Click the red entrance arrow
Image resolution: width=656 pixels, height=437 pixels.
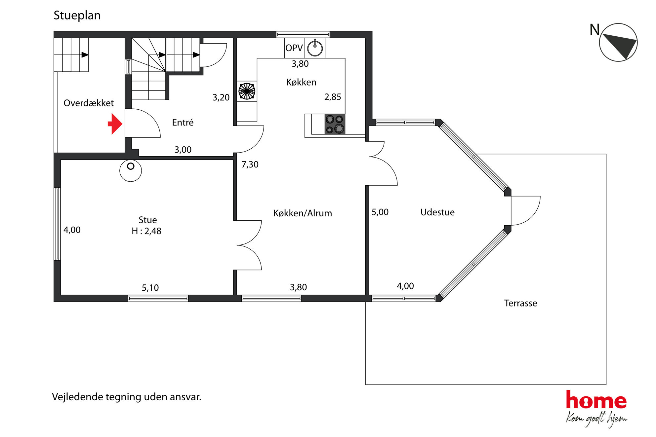click(x=115, y=124)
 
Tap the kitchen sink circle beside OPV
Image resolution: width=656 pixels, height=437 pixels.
click(x=315, y=48)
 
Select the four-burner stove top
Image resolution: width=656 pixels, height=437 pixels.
click(x=335, y=124)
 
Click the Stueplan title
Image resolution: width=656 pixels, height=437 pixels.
click(x=77, y=16)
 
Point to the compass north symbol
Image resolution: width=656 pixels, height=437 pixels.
click(x=618, y=42)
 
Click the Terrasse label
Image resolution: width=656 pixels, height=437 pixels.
click(x=520, y=303)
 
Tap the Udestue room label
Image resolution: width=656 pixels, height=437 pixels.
click(x=437, y=212)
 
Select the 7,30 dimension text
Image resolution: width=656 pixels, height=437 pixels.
click(x=250, y=164)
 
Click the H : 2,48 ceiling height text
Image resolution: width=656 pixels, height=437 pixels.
click(x=146, y=231)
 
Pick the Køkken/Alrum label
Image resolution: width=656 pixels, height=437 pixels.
click(x=303, y=213)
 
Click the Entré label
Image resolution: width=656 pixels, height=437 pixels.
click(x=183, y=122)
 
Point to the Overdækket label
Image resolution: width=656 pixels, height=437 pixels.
click(x=89, y=103)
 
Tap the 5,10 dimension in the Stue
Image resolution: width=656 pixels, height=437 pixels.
click(x=150, y=288)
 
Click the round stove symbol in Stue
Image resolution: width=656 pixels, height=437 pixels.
click(x=131, y=170)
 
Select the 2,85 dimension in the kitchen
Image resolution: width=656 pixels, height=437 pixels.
click(x=333, y=97)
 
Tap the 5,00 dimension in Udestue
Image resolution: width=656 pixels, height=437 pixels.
click(x=380, y=212)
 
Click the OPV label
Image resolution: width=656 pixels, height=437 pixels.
click(x=294, y=48)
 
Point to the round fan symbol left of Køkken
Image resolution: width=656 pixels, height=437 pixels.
click(x=247, y=91)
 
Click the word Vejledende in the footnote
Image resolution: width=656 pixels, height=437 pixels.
click(x=77, y=397)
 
